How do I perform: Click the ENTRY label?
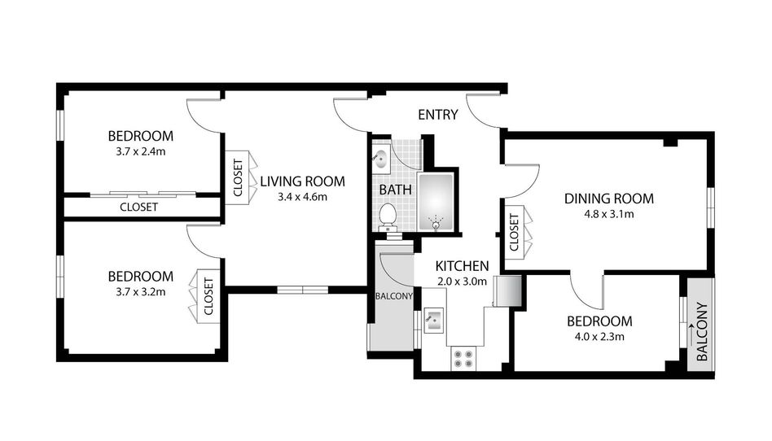pyautogui.click(x=437, y=115)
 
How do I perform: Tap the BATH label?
pyautogui.click(x=395, y=190)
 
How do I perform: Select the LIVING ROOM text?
pyautogui.click(x=303, y=181)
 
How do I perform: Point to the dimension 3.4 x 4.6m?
pyautogui.click(x=302, y=198)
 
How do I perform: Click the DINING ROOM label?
pyautogui.click(x=609, y=199)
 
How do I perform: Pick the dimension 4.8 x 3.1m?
pyautogui.click(x=609, y=214)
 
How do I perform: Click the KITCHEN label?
pyautogui.click(x=462, y=266)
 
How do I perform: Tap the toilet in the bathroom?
pyautogui.click(x=388, y=217)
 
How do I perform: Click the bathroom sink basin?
pyautogui.click(x=380, y=159)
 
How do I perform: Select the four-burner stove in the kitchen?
pyautogui.click(x=463, y=359)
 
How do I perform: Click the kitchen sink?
pyautogui.click(x=434, y=320)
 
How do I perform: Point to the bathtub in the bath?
pyautogui.click(x=435, y=201)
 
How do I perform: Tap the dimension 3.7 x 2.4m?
pyautogui.click(x=141, y=151)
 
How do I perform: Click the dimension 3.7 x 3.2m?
pyautogui.click(x=141, y=292)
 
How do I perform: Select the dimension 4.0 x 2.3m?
pyautogui.click(x=599, y=337)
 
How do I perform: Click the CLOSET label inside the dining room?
pyautogui.click(x=514, y=232)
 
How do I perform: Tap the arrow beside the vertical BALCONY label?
pyautogui.click(x=691, y=334)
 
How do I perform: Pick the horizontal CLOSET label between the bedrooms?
pyautogui.click(x=138, y=207)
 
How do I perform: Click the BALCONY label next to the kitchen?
pyautogui.click(x=394, y=296)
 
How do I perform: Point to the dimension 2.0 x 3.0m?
pyautogui.click(x=462, y=282)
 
